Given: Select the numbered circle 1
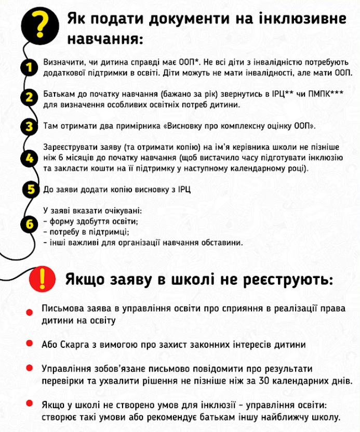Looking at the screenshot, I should (x=29, y=67).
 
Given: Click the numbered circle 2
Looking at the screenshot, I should (x=30, y=97).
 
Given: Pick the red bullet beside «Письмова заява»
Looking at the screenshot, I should (x=28, y=311).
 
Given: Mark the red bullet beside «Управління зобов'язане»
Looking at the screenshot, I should (x=28, y=369).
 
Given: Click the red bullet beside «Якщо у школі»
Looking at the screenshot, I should (x=28, y=403).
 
